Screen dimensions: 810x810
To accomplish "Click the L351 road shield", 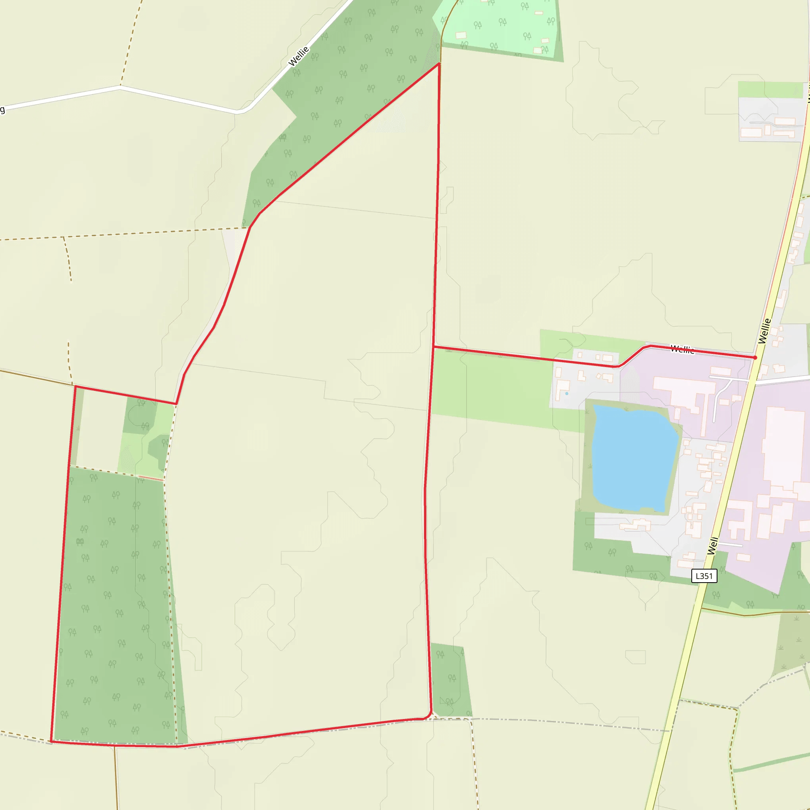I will (704, 576).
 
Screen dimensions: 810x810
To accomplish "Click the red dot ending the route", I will (755, 358).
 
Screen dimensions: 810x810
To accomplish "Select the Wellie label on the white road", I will (299, 57).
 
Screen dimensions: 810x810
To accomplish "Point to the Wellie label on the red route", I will (682, 349).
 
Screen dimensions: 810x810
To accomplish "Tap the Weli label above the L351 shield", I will (713, 545).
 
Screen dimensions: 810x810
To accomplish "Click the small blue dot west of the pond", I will (567, 393).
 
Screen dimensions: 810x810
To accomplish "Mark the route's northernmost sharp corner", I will (439, 64).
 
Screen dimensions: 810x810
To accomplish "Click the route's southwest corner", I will (51, 741).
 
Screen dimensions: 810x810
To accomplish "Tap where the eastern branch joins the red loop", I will (434, 347).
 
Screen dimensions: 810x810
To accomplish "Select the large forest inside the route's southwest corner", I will (113, 608).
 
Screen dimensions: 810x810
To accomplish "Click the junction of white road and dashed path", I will (120, 86).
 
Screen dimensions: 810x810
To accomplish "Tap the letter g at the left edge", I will (2, 110).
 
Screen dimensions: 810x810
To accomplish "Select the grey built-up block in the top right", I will (771, 119).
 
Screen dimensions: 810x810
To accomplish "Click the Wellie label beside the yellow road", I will (764, 331).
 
